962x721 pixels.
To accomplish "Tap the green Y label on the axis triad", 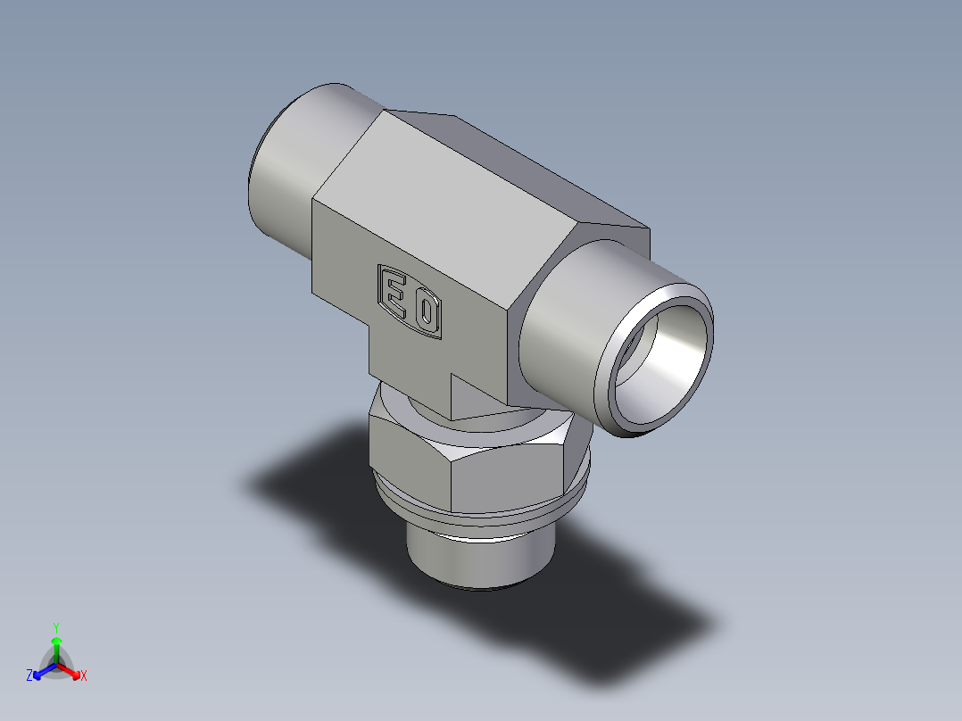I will [56, 626].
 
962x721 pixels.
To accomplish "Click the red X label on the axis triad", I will [84, 676].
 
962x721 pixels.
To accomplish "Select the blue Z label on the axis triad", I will [29, 675].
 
